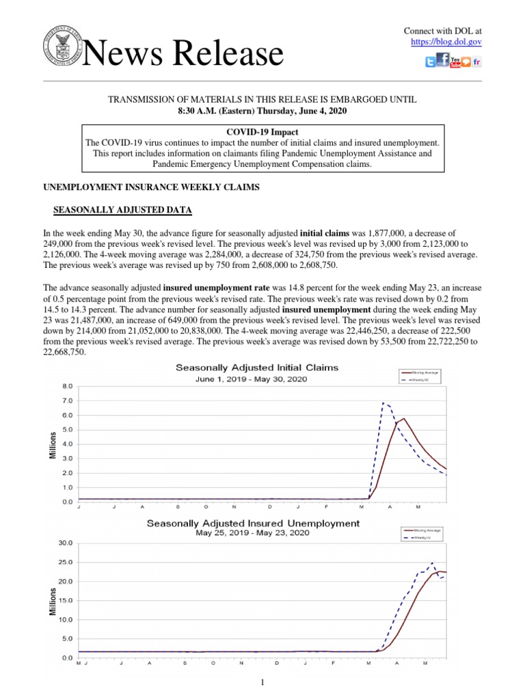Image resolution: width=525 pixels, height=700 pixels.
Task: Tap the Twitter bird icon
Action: tap(430, 63)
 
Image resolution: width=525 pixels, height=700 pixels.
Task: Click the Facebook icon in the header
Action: tap(443, 61)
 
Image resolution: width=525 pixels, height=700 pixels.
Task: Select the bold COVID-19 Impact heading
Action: tap(262, 131)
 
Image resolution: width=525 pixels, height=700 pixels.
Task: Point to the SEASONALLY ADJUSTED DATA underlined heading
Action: tap(122, 209)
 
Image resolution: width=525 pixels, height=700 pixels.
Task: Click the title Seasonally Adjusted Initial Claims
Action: tap(257, 368)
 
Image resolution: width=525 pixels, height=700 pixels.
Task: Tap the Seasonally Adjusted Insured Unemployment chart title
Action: tap(253, 523)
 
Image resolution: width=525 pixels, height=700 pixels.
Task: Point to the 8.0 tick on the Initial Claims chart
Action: tap(66, 386)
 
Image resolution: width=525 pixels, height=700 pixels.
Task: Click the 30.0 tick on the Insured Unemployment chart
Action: tap(65, 543)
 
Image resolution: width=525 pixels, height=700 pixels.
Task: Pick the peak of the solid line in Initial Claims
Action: tap(404, 418)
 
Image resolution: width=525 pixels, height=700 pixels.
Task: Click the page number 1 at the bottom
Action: tap(262, 682)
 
